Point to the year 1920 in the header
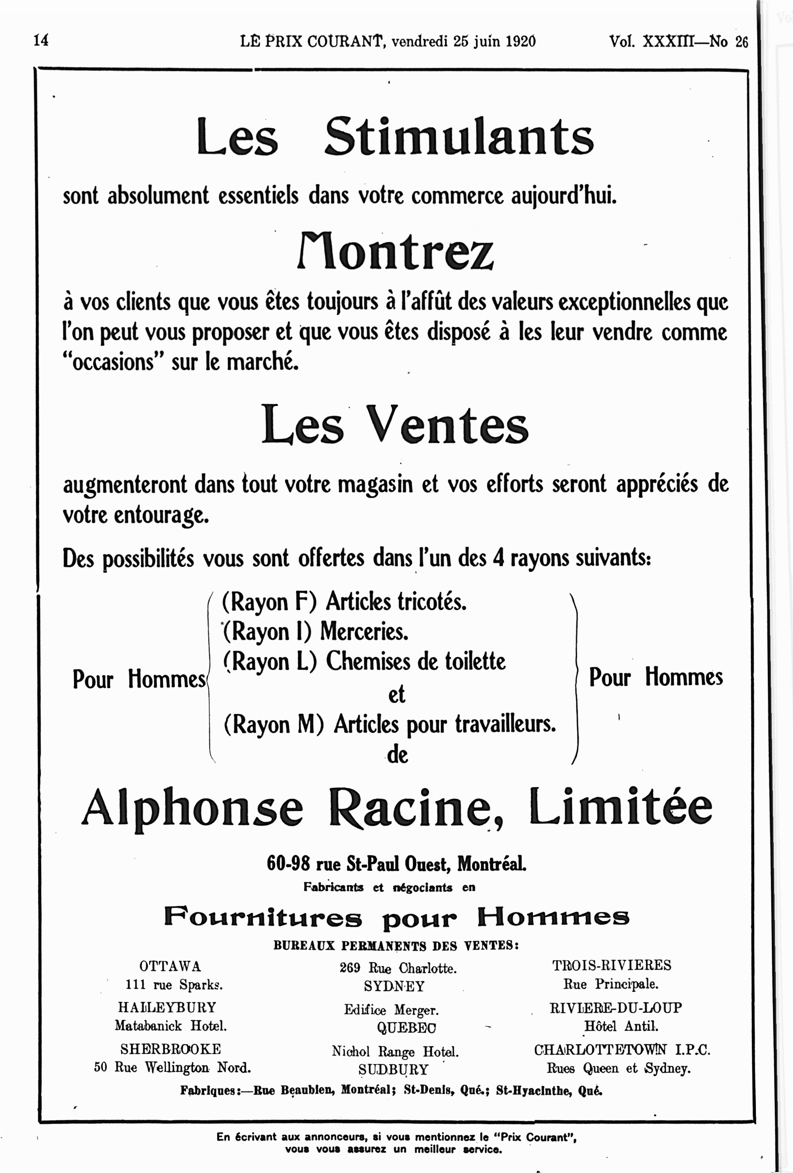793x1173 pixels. point(520,41)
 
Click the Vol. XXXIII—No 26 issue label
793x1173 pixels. point(678,41)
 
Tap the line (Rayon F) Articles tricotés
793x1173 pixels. point(344,602)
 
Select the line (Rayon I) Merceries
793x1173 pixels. point(315,631)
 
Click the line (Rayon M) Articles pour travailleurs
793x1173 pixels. point(389,725)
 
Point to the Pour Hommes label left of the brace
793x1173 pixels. point(139,679)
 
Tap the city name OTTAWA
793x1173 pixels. point(170,966)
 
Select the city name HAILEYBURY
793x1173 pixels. point(167,1007)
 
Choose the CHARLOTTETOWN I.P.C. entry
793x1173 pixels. point(622,1050)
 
